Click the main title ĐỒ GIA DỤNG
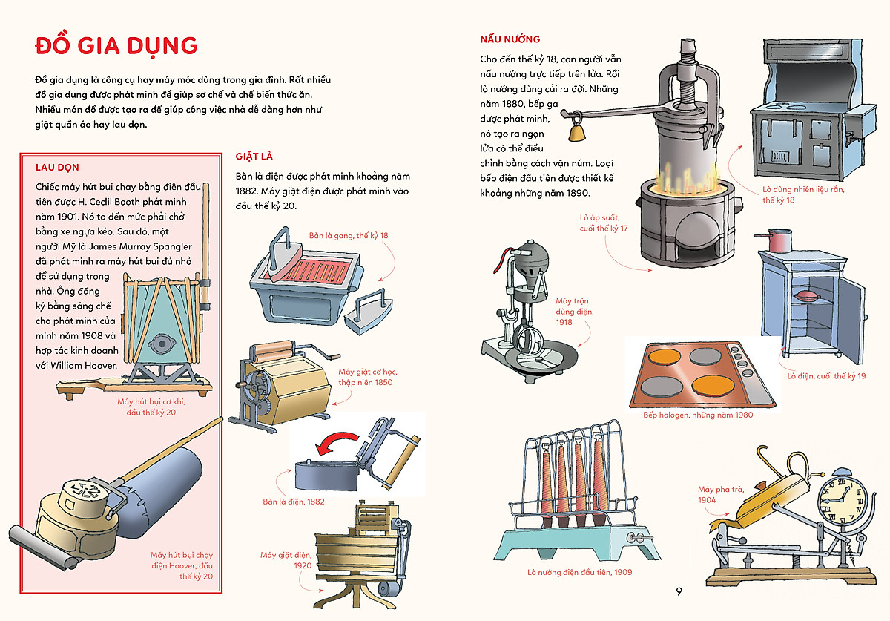pyautogui.click(x=116, y=45)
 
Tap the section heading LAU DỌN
pyautogui.click(x=57, y=168)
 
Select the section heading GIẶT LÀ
pyautogui.click(x=254, y=156)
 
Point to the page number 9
pyautogui.click(x=678, y=591)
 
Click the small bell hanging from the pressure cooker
pyautogui.click(x=575, y=132)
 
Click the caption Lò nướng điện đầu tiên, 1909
pyautogui.click(x=580, y=572)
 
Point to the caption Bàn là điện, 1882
pyautogui.click(x=293, y=502)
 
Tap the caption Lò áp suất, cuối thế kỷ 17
pyautogui.click(x=603, y=223)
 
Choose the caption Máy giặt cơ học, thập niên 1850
pyautogui.click(x=365, y=377)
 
